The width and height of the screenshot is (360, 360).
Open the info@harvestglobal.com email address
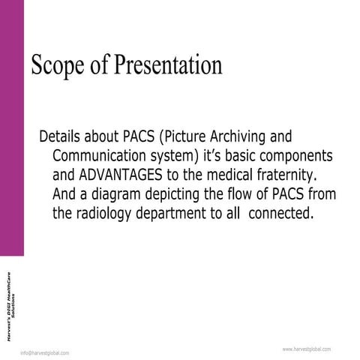(x=45, y=352)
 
